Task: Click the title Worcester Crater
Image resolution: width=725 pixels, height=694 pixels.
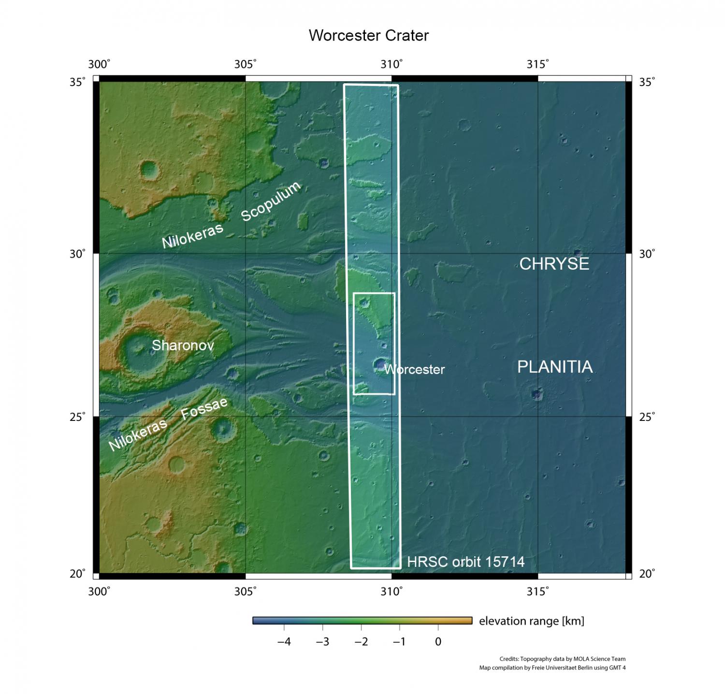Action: (368, 36)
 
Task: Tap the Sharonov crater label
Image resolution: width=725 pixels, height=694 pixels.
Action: (183, 346)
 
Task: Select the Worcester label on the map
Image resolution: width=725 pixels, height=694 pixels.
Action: (414, 370)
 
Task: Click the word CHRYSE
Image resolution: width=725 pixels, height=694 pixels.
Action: (554, 264)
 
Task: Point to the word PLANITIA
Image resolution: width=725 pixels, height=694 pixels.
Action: (555, 367)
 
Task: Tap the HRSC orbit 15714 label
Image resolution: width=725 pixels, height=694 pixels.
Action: (465, 562)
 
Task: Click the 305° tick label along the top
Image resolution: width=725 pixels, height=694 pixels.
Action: (246, 65)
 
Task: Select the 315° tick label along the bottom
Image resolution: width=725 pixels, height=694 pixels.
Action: (538, 591)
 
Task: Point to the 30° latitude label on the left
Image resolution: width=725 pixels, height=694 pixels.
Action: (77, 254)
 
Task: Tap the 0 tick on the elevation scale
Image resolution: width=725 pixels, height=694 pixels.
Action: (438, 642)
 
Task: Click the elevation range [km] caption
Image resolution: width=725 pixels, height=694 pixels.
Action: (532, 621)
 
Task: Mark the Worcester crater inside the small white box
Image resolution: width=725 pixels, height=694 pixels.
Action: (380, 364)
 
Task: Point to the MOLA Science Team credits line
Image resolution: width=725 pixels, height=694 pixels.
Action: (562, 659)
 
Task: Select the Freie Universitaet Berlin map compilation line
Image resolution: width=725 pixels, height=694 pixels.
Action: (552, 668)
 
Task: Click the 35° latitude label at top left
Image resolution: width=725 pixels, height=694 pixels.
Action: (77, 82)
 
